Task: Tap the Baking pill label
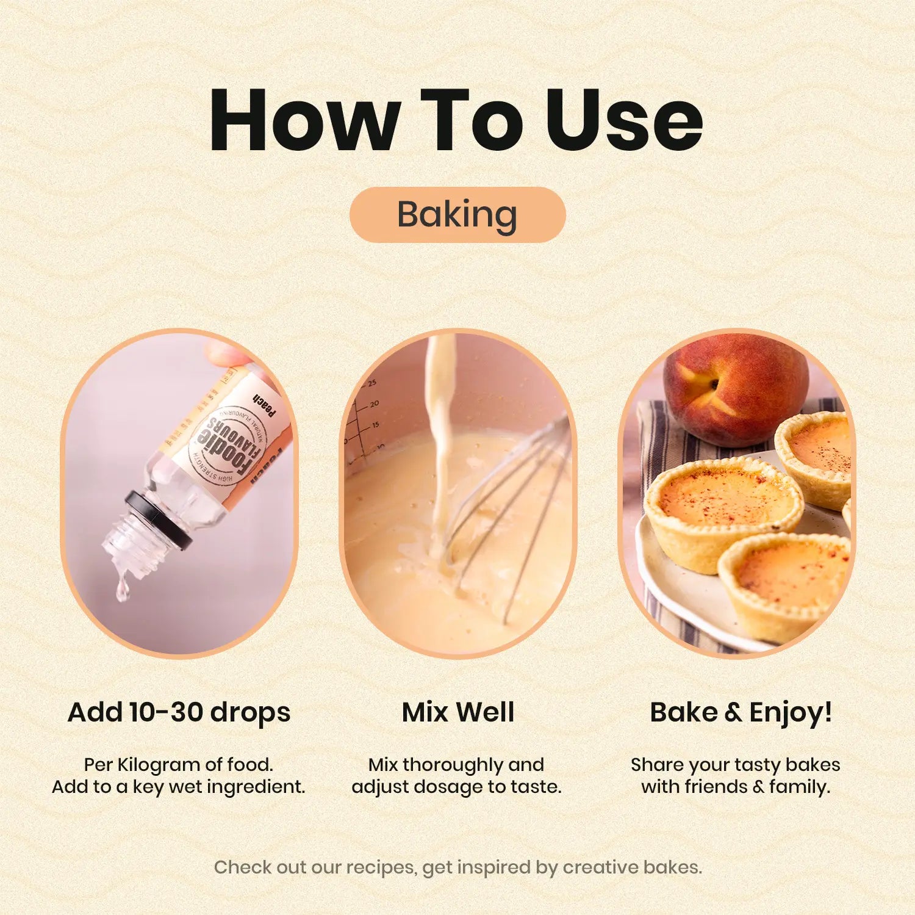[457, 215]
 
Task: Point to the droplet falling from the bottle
[123, 587]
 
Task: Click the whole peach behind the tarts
[736, 391]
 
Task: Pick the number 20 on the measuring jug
[375, 403]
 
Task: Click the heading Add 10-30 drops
[179, 712]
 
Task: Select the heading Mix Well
[458, 712]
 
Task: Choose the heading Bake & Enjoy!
[741, 712]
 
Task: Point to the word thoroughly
[453, 765]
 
